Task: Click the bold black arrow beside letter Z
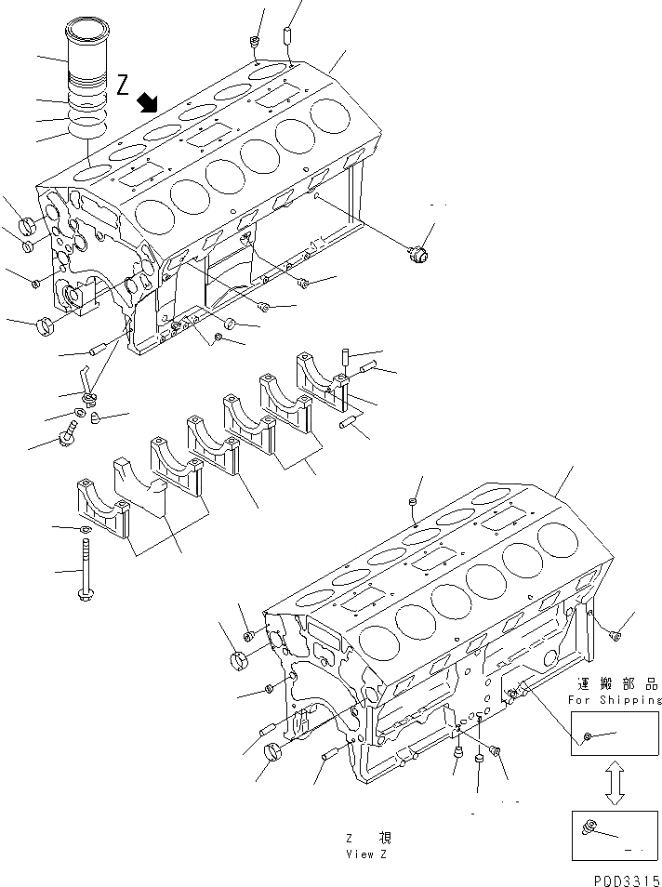click(x=146, y=101)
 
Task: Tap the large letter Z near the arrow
click(x=124, y=85)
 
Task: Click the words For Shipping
click(x=615, y=700)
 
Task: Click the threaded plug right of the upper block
click(x=419, y=251)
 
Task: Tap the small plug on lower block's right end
click(x=615, y=635)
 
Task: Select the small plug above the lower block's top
click(x=412, y=503)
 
